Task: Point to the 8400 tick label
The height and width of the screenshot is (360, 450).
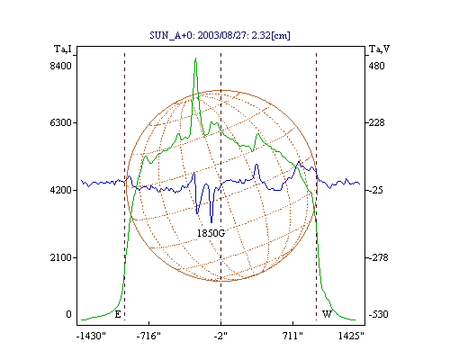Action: click(x=60, y=66)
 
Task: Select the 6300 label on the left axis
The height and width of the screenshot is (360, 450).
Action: click(x=60, y=122)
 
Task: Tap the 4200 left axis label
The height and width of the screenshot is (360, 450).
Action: click(x=60, y=190)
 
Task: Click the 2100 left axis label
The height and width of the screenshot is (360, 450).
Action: click(x=60, y=257)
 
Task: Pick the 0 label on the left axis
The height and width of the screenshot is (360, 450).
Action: click(x=68, y=314)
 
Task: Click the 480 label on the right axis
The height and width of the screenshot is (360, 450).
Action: click(x=376, y=66)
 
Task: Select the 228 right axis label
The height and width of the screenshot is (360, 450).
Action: click(x=376, y=122)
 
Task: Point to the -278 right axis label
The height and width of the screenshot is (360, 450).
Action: click(x=378, y=257)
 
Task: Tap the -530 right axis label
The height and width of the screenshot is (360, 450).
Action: click(x=378, y=314)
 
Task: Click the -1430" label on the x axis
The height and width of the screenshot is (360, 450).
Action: click(x=91, y=336)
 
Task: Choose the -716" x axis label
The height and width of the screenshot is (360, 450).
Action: click(x=148, y=336)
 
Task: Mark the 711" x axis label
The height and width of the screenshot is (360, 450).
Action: click(x=292, y=336)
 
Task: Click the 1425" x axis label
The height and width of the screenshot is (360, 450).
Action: click(x=351, y=336)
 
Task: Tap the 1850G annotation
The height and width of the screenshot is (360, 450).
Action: click(x=211, y=233)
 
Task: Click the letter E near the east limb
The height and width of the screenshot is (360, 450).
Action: click(x=118, y=314)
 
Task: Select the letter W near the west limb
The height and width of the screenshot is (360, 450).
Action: click(x=327, y=314)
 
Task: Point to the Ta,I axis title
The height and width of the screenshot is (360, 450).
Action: click(x=63, y=49)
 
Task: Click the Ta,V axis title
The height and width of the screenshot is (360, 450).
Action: click(x=379, y=49)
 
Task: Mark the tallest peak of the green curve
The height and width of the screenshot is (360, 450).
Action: click(x=195, y=58)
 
